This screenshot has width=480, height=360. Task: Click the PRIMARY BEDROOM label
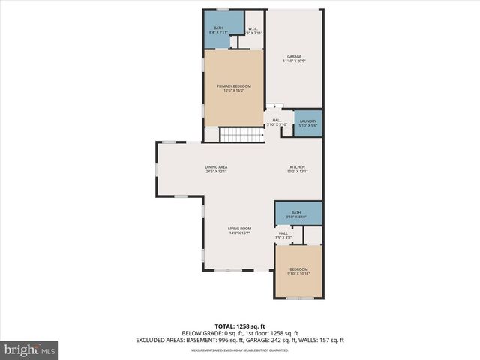pos(234,86)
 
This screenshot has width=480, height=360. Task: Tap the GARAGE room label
pos(294,56)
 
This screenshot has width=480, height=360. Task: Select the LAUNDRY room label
pos(307,121)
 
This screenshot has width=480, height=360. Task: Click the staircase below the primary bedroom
pos(241,135)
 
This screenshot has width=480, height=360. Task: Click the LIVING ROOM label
pos(239,228)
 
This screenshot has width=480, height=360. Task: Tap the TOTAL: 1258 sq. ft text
pos(239,326)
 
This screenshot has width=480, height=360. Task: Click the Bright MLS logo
pos(29,349)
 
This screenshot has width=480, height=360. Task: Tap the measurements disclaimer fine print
pos(239,349)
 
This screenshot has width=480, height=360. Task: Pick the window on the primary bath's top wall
pos(223,10)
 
